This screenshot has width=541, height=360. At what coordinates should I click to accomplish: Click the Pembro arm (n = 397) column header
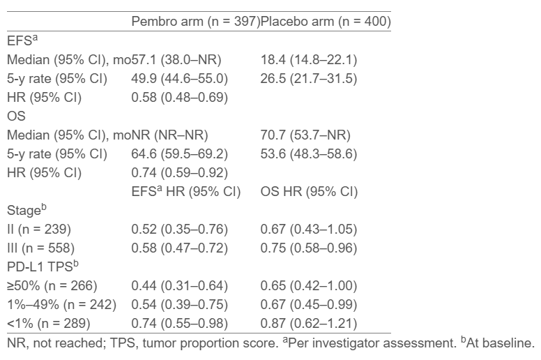[196, 22]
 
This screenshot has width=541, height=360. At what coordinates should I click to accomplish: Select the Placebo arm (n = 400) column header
[326, 22]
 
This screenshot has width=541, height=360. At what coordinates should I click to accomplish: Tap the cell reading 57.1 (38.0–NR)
[176, 60]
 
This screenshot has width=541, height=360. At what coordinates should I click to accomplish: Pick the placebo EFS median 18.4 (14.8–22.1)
[309, 60]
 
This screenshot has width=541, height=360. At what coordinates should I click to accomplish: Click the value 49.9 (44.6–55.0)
[179, 79]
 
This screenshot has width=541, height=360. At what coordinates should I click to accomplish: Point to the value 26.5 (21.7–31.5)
[309, 79]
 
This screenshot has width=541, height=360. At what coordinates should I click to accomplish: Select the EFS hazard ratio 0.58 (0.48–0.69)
[179, 98]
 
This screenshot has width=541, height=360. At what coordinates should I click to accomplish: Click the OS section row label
[16, 116]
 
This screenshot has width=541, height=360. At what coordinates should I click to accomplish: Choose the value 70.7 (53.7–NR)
[305, 135]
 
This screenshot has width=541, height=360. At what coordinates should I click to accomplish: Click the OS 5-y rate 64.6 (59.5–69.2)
[179, 154]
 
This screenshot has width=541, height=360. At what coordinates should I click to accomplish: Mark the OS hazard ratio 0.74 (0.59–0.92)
[179, 172]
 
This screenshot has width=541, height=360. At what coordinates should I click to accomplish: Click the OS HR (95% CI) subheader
[309, 192]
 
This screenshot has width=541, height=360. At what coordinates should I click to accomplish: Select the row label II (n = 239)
[39, 229]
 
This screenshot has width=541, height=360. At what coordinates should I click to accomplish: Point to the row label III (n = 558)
[40, 248]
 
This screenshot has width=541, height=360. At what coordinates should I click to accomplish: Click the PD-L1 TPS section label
[43, 266]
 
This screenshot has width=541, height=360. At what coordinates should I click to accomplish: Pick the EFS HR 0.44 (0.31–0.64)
[179, 286]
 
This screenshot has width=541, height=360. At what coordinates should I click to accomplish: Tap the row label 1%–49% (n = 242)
[62, 305]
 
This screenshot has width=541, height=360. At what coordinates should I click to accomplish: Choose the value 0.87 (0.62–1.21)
[309, 324]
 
